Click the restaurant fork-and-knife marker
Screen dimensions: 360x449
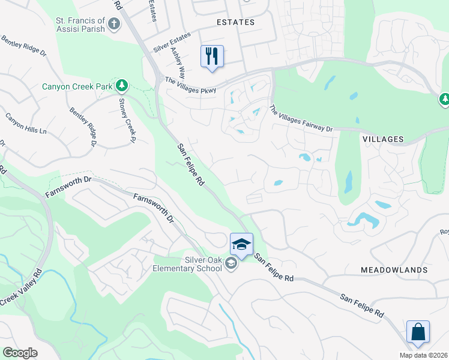[x=212, y=57]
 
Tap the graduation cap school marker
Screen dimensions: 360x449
[x=241, y=245]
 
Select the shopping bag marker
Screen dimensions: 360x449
[x=418, y=332]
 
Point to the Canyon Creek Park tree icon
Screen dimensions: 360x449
[x=122, y=86]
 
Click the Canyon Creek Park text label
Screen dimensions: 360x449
[x=77, y=86]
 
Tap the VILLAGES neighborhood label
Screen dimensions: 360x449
[x=383, y=139]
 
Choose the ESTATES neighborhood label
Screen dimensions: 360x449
[x=235, y=22]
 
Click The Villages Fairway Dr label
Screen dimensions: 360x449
[x=301, y=119]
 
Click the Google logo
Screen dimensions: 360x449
[x=20, y=353]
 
